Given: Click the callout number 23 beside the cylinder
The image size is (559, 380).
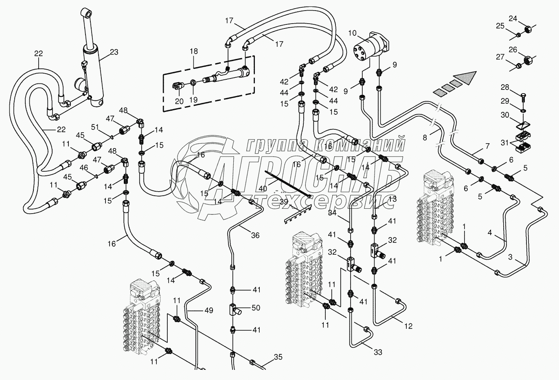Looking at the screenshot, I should [x=114, y=52].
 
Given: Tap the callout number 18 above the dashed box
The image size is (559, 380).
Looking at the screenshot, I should [x=194, y=51].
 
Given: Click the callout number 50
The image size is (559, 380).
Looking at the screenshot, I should [x=256, y=308].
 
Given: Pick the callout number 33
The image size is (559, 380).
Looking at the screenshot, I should [x=378, y=352].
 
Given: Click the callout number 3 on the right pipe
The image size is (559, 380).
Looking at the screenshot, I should [x=510, y=257].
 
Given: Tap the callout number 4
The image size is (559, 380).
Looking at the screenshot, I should [x=490, y=233].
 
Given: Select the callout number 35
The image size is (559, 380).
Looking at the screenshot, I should [x=278, y=358].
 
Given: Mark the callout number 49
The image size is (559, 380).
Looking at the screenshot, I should [x=208, y=311].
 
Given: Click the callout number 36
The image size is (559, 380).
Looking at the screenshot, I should [x=255, y=235].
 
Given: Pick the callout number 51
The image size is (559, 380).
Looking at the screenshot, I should [x=95, y=127].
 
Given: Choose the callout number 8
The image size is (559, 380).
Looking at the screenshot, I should [x=425, y=138].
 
